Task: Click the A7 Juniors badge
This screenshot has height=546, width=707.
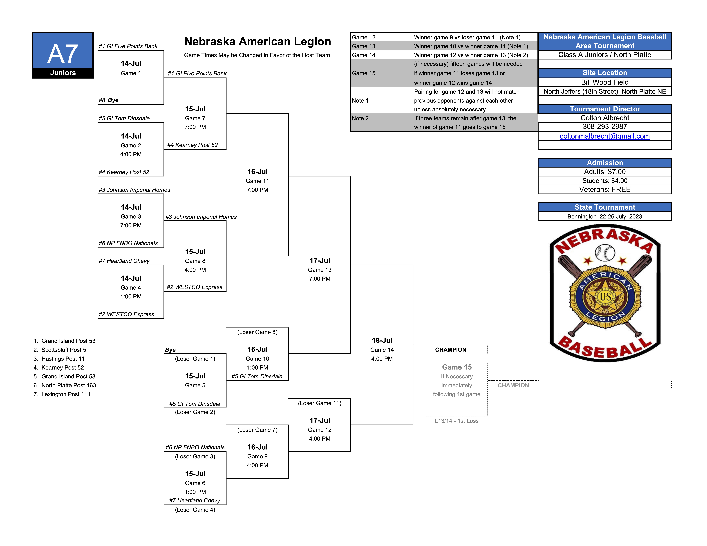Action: [x=63, y=55]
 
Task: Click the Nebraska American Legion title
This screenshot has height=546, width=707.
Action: [x=258, y=41]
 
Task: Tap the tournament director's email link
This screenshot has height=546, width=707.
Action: [x=605, y=136]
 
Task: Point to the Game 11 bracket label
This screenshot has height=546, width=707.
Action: [x=257, y=181]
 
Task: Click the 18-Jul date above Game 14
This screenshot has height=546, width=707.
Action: [x=382, y=340]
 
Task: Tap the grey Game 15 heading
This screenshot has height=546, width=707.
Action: [x=457, y=367]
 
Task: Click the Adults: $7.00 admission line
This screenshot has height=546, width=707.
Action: [x=605, y=172]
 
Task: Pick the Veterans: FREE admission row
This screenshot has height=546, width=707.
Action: [x=605, y=190]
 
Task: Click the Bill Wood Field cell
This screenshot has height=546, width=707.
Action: [x=605, y=82]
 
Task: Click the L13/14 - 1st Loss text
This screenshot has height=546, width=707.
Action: [x=456, y=421]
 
